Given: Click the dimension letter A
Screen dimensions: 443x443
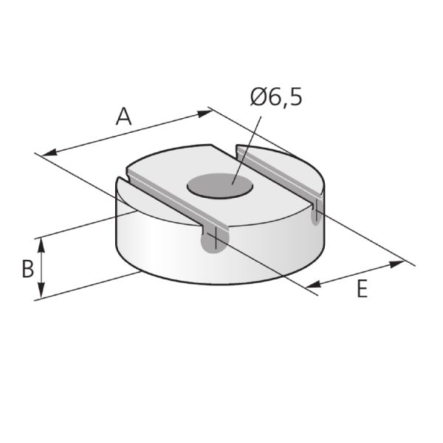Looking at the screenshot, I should pos(124,117).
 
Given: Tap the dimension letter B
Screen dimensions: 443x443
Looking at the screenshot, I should pos(27,269).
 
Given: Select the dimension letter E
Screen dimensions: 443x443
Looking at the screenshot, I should pos(361,289).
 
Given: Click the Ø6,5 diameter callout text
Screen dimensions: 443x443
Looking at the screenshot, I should pos(276,97).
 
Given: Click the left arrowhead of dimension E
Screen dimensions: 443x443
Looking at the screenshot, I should pos(312,284).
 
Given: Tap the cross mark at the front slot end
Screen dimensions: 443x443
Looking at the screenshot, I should pos(213,238).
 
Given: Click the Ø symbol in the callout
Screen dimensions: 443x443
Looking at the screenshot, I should pos(258,97).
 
